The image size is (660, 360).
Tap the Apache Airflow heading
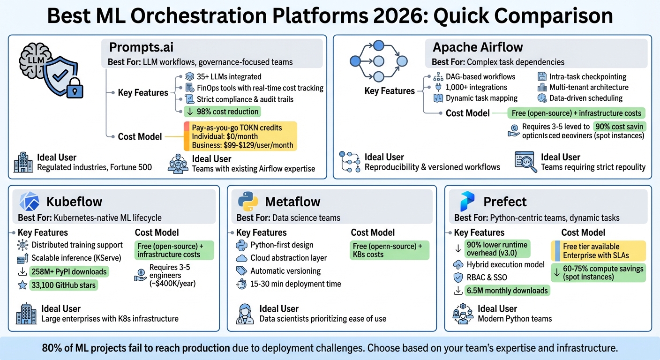tap(478, 47)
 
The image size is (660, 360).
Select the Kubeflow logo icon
tap(29, 202)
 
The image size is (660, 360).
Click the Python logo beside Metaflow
tap(248, 202)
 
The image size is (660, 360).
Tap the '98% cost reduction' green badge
tap(222, 112)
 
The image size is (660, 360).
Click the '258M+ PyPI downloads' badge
tap(68, 271)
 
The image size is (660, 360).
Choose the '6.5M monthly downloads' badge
tap(507, 291)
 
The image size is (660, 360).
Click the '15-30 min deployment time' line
tap(295, 284)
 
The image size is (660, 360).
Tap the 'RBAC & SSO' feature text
tap(487, 277)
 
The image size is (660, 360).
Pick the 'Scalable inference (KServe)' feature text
tap(76, 258)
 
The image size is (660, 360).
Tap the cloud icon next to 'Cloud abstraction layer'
tap(241, 258)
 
